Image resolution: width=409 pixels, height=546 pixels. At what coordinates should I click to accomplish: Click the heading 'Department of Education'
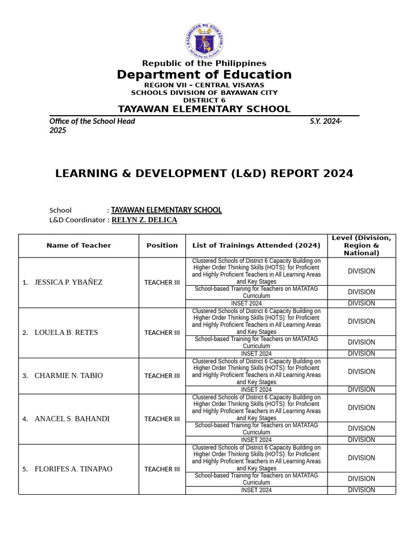[204, 75]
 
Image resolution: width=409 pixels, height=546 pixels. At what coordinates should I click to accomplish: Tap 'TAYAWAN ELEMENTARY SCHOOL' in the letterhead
[204, 109]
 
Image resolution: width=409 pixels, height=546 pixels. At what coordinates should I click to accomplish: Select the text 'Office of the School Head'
[92, 121]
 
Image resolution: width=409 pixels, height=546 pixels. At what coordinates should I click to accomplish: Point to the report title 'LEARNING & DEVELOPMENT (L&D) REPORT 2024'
[204, 173]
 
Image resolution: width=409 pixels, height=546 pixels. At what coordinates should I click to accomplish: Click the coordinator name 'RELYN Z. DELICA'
[144, 220]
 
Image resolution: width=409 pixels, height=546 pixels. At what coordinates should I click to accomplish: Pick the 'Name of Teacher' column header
[79, 245]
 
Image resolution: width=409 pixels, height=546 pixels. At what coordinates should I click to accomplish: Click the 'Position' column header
[162, 245]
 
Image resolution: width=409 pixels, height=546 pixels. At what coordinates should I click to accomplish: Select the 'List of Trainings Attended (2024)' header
[256, 245]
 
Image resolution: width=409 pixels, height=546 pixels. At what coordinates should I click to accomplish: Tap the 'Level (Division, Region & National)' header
[361, 245]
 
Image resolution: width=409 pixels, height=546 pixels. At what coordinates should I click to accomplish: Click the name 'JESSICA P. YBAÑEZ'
[68, 283]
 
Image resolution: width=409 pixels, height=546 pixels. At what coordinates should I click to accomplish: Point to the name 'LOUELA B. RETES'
[66, 333]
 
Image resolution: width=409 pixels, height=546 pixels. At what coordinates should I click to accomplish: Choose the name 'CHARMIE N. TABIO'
[69, 376]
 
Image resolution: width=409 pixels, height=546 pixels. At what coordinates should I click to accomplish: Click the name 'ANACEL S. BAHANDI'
[72, 419]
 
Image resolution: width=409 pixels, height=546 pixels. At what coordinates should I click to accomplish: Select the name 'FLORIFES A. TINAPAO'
[73, 469]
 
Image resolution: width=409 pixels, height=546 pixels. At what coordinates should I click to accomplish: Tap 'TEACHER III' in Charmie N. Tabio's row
[162, 376]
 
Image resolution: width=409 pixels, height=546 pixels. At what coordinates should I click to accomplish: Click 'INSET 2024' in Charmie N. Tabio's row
[256, 390]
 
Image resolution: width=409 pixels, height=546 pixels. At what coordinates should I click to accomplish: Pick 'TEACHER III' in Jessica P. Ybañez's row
[162, 283]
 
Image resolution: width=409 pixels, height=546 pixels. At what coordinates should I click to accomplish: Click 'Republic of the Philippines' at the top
[204, 63]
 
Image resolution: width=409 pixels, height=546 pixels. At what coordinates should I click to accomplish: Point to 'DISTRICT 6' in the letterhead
[204, 100]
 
